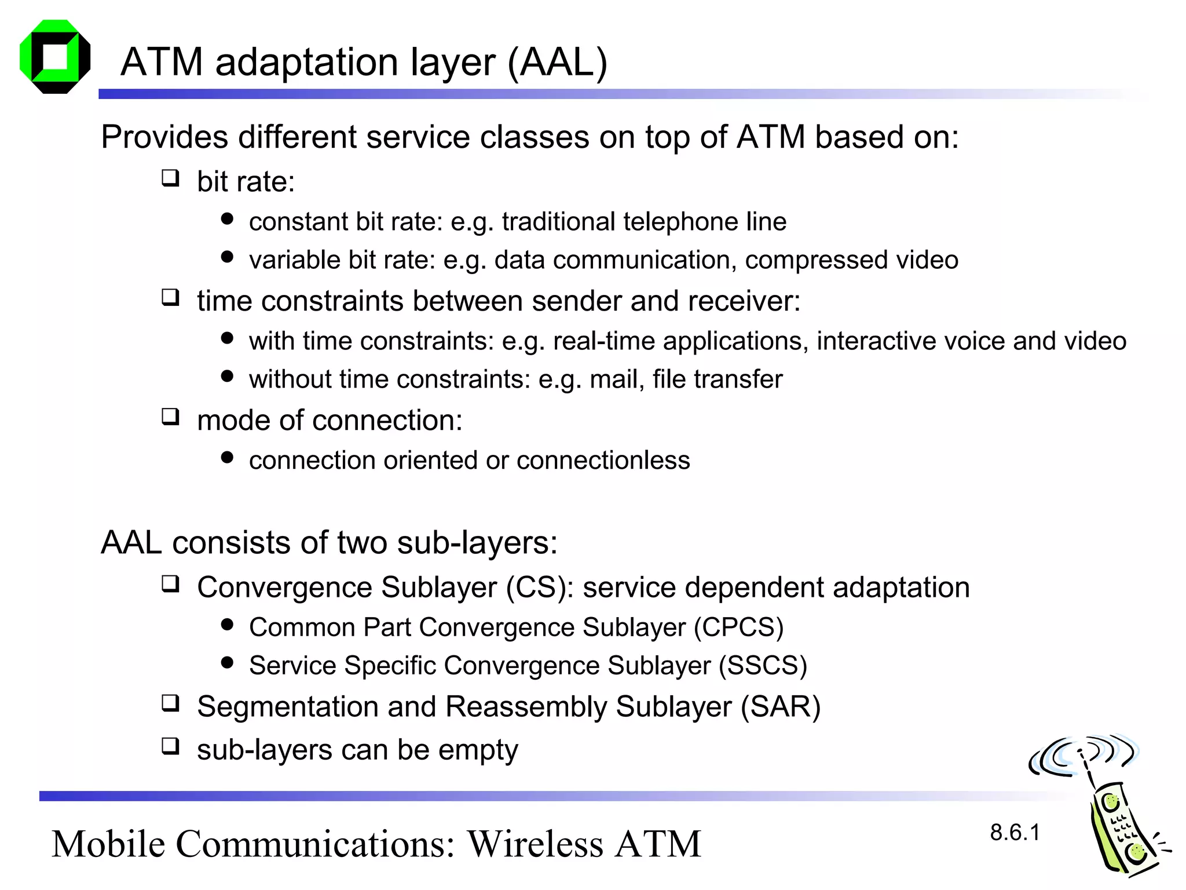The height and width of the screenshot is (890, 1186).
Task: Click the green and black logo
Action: [55, 57]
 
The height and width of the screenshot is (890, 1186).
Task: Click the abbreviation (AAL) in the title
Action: [557, 62]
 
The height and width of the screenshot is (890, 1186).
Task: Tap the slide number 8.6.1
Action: [1015, 833]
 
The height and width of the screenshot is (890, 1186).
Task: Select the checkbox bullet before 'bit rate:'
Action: [170, 178]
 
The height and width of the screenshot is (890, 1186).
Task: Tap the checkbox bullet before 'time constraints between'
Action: [170, 298]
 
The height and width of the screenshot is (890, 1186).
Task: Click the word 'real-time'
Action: [604, 341]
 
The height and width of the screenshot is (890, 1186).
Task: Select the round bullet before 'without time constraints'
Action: [227, 377]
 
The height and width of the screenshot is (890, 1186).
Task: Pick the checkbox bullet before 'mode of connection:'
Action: [170, 417]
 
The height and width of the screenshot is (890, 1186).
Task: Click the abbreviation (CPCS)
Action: [738, 628]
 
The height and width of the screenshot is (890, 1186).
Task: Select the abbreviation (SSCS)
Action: [763, 666]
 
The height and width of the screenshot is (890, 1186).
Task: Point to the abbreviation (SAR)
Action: [781, 707]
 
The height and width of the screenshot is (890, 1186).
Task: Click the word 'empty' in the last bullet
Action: [478, 751]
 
